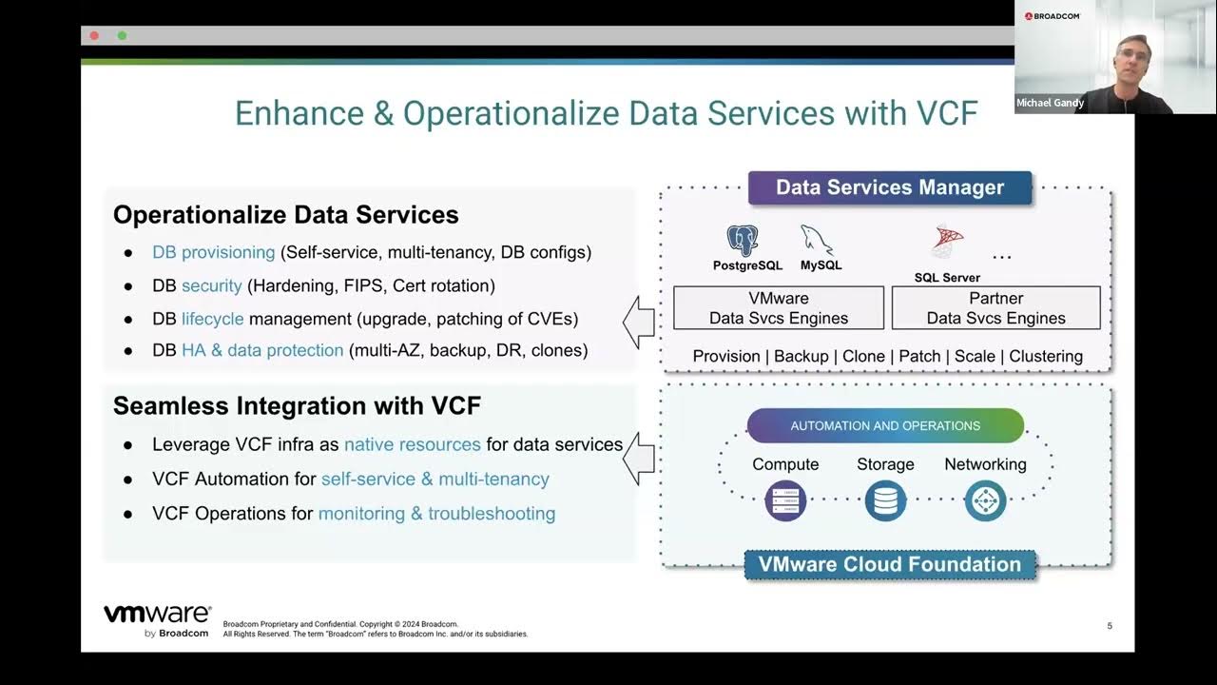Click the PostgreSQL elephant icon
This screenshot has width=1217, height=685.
[743, 241]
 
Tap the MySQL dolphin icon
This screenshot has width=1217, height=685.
[817, 240]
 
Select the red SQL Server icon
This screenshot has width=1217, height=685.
[948, 240]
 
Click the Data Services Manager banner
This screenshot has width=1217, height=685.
[890, 187]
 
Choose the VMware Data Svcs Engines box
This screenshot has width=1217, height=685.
[779, 307]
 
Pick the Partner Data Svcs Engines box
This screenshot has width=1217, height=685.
[995, 307]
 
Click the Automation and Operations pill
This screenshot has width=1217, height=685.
[885, 425]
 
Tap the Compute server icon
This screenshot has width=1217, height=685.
[785, 500]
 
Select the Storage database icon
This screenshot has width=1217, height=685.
[885, 500]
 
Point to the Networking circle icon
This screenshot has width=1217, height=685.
[986, 500]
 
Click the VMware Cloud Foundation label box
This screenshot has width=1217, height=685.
[890, 564]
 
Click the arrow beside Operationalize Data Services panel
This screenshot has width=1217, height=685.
[639, 323]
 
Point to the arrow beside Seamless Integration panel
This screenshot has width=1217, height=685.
[639, 459]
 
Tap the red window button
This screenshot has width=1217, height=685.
[94, 36]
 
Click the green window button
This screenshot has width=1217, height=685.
[123, 36]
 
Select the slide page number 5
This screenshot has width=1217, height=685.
[1110, 626]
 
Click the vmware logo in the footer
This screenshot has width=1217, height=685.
[158, 620]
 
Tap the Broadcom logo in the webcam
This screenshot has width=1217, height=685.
[1053, 16]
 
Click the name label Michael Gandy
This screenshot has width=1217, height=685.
[1050, 103]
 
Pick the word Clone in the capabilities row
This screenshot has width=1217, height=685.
[863, 356]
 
